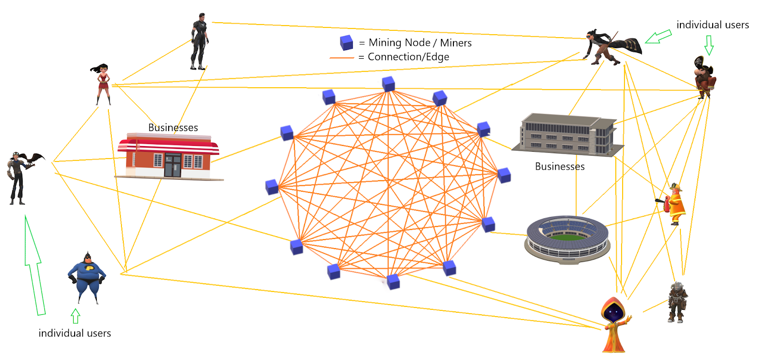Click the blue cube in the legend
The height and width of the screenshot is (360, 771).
pyautogui.click(x=346, y=43)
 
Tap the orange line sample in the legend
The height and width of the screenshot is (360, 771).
pyautogui.click(x=342, y=58)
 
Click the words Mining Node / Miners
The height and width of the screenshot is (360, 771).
pyautogui.click(x=420, y=43)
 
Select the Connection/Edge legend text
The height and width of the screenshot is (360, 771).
pyautogui.click(x=408, y=57)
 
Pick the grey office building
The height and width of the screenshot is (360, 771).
pyautogui.click(x=568, y=135)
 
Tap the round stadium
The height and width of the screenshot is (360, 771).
pyautogui.click(x=567, y=239)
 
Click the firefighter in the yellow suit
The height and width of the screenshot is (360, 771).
pyautogui.click(x=675, y=204)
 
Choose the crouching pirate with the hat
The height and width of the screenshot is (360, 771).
pyautogui.click(x=704, y=77)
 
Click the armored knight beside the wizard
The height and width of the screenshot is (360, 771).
pyautogui.click(x=678, y=302)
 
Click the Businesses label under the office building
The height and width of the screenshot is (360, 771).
pyautogui.click(x=559, y=167)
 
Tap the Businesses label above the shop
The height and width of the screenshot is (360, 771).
pyautogui.click(x=173, y=128)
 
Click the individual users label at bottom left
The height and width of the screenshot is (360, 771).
pyautogui.click(x=75, y=333)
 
